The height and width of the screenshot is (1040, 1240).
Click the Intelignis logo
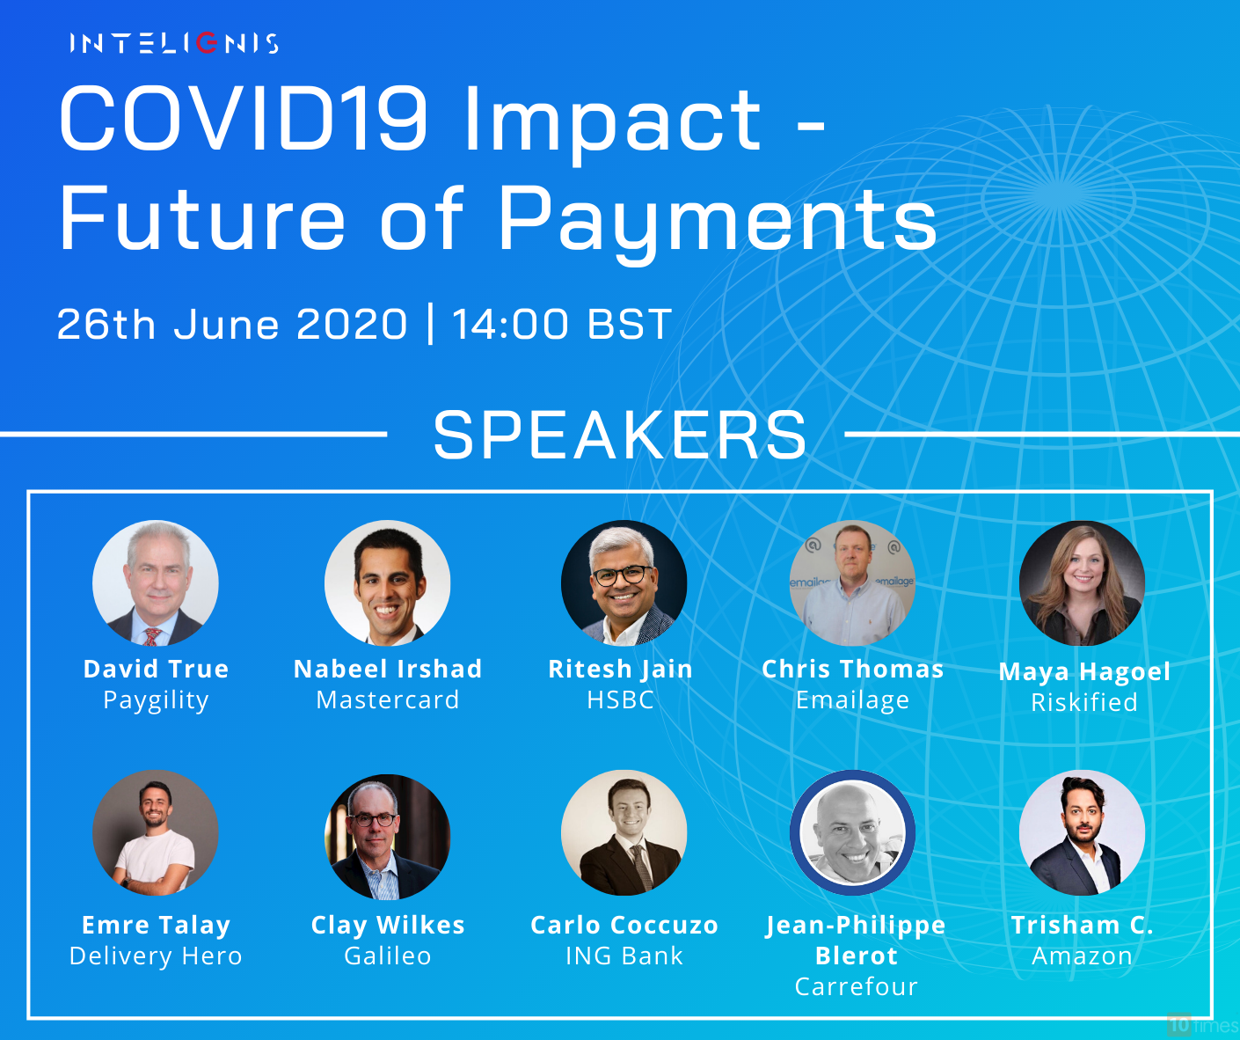click(x=174, y=43)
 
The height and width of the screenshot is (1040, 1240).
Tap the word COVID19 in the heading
click(x=244, y=118)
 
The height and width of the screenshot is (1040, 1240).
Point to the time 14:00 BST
click(x=562, y=324)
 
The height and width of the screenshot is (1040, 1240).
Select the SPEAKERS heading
click(x=620, y=436)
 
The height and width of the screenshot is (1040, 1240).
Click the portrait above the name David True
click(x=156, y=583)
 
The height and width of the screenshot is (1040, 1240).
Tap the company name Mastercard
click(x=388, y=699)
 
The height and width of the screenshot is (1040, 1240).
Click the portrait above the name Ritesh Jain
click(x=624, y=583)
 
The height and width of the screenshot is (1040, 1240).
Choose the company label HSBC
click(x=621, y=699)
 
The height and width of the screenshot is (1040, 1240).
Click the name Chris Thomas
click(x=853, y=670)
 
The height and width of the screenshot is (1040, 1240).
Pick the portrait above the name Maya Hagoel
click(x=1082, y=583)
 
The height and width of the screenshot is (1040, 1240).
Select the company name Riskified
click(x=1084, y=702)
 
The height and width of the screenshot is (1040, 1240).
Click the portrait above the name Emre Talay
click(x=156, y=832)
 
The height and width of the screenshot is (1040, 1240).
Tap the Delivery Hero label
click(x=156, y=956)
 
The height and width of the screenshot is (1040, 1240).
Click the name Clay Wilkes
click(x=388, y=926)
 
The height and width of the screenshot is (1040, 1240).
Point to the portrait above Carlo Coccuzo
click(x=624, y=832)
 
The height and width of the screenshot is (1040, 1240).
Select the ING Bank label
click(x=624, y=956)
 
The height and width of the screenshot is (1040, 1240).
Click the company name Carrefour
click(x=857, y=986)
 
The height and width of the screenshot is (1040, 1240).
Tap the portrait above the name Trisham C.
click(x=1082, y=832)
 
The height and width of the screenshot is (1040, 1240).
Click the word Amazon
click(x=1082, y=956)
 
